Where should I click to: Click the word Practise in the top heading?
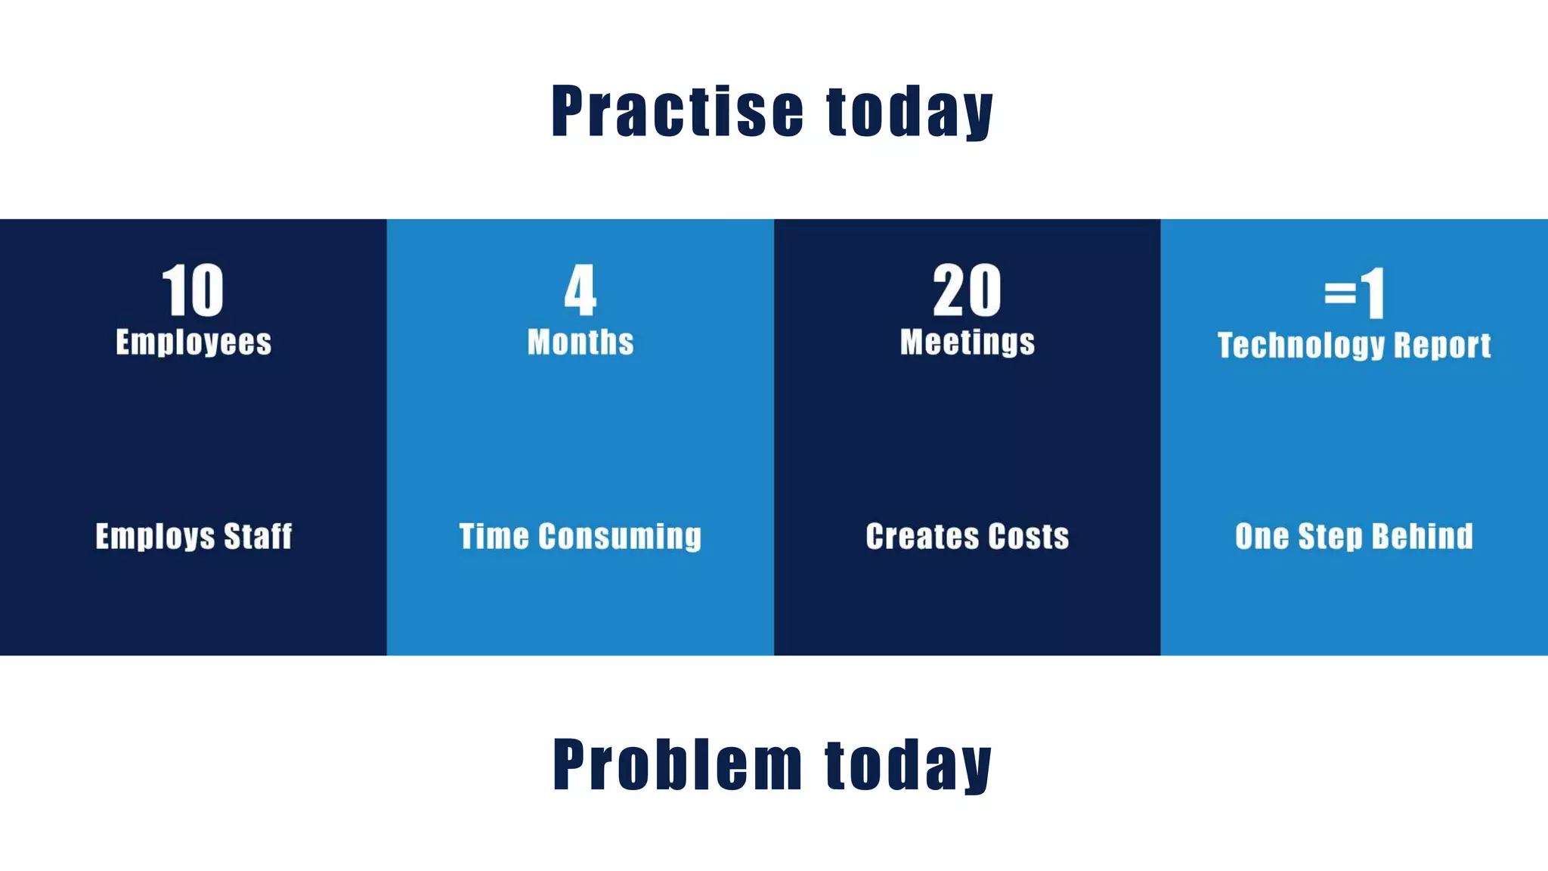pyautogui.click(x=677, y=112)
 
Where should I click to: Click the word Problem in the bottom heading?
pyautogui.click(x=677, y=765)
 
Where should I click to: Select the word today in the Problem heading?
pyautogui.click(x=909, y=767)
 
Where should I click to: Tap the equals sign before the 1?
pyautogui.click(x=1340, y=293)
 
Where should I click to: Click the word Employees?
pyautogui.click(x=193, y=343)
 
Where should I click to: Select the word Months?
pyautogui.click(x=580, y=343)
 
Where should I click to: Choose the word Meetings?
pyautogui.click(x=967, y=343)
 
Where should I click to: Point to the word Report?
pyautogui.click(x=1442, y=346)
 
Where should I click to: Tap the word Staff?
pyautogui.click(x=258, y=537)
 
